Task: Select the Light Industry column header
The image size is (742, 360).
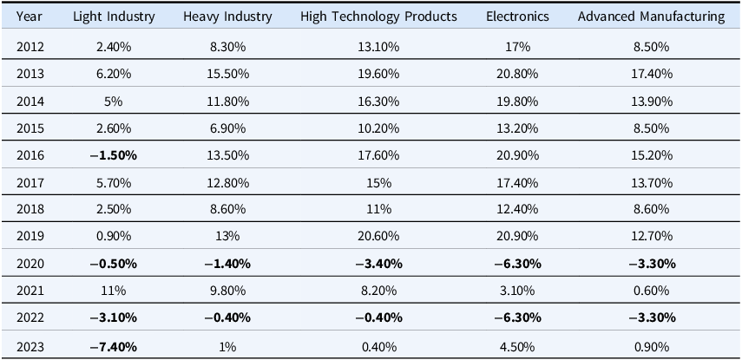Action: (114, 16)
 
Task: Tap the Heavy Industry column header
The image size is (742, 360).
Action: (227, 16)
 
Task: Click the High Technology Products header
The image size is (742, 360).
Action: (378, 16)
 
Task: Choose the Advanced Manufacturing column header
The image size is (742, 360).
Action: (651, 16)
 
